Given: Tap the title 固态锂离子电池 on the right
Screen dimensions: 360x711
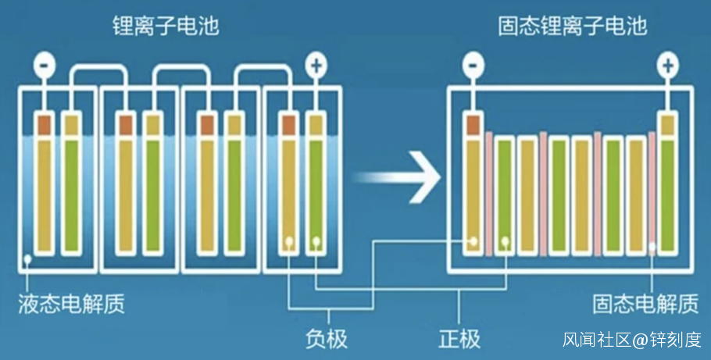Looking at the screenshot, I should pyautogui.click(x=573, y=26).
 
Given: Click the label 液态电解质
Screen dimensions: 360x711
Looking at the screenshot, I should pyautogui.click(x=71, y=303).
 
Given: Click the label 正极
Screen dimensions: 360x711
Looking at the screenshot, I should pyautogui.click(x=459, y=338).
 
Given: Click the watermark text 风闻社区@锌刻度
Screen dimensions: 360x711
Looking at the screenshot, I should pyautogui.click(x=632, y=340).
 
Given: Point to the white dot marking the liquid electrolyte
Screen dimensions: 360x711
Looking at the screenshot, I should pyautogui.click(x=27, y=258).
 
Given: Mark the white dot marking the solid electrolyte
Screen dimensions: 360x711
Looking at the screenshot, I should pyautogui.click(x=652, y=248).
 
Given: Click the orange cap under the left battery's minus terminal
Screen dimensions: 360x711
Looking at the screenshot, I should pyautogui.click(x=45, y=123).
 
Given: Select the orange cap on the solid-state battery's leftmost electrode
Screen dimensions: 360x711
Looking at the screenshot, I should pyautogui.click(x=473, y=123).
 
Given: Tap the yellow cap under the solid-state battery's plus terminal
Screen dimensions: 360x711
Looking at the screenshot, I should pyautogui.click(x=668, y=123).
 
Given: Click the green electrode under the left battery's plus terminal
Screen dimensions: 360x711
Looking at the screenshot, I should pyautogui.click(x=315, y=195).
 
